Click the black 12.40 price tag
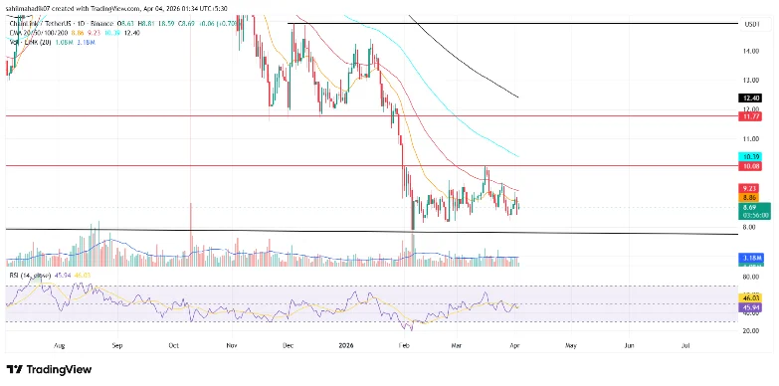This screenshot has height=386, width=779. pyautogui.click(x=751, y=97)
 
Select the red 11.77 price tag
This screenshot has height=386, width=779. pyautogui.click(x=751, y=115)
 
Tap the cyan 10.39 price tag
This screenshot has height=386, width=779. pyautogui.click(x=751, y=156)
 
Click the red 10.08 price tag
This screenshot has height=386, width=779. pyautogui.click(x=751, y=165)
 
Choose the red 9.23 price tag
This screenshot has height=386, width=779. pyautogui.click(x=751, y=188)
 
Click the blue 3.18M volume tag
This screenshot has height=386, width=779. pyautogui.click(x=751, y=258)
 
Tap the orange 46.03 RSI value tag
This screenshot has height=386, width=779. pyautogui.click(x=751, y=297)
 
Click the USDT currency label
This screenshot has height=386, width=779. pyautogui.click(x=751, y=23)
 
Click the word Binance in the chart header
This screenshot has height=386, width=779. pyautogui.click(x=97, y=20)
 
